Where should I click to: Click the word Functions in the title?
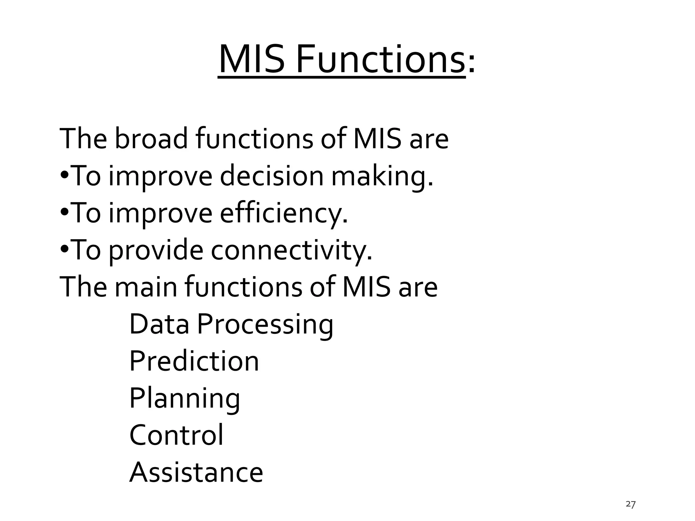pyautogui.click(x=380, y=60)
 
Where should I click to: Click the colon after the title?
pyautogui.click(x=471, y=64)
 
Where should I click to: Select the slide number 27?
pyautogui.click(x=630, y=504)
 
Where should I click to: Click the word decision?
pyautogui.click(x=271, y=176)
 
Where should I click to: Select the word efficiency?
pyautogui.click(x=284, y=213)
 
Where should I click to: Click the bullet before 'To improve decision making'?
pyautogui.click(x=65, y=176)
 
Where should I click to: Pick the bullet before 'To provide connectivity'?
pyautogui.click(x=65, y=250)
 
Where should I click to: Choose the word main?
pyautogui.click(x=146, y=287)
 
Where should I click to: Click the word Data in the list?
pyautogui.click(x=159, y=324)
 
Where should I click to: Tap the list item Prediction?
pyautogui.click(x=194, y=361)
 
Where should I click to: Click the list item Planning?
pyautogui.click(x=185, y=399)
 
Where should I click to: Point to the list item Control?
pyautogui.click(x=176, y=435)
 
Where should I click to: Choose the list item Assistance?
pyautogui.click(x=196, y=472)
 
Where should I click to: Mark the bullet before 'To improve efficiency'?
pyautogui.click(x=65, y=213)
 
